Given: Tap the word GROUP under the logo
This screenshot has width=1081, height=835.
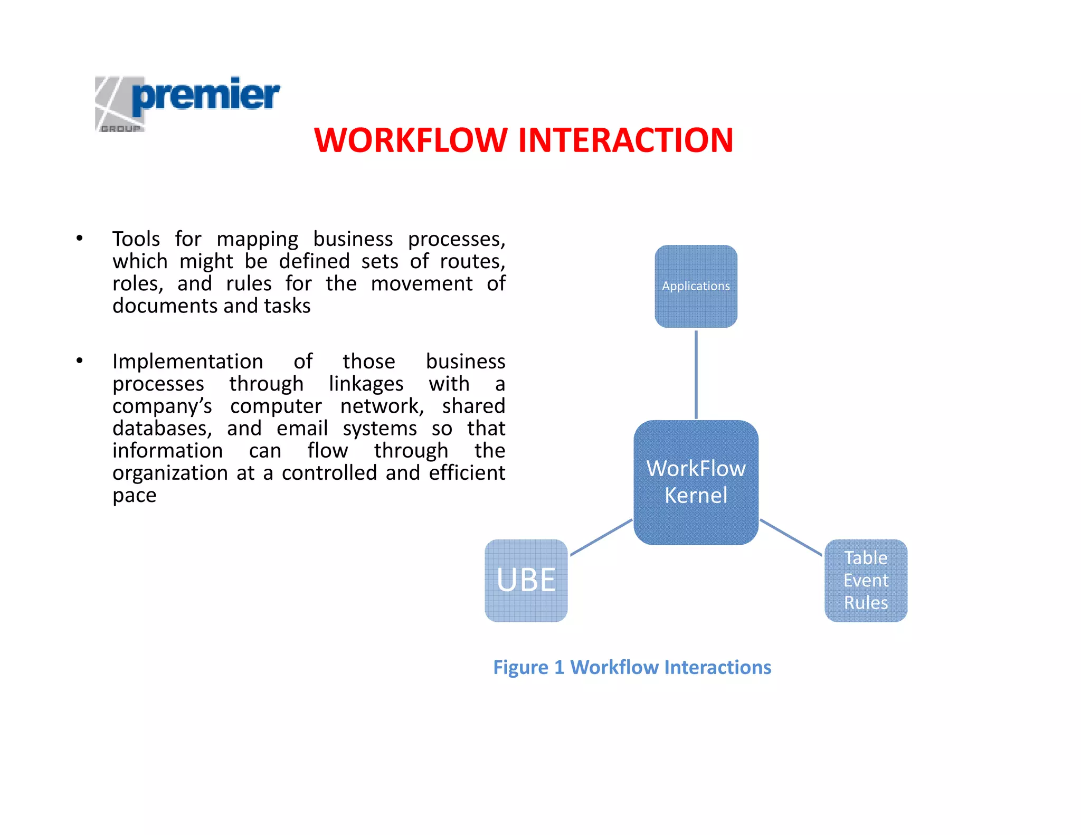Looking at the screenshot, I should tap(120, 128).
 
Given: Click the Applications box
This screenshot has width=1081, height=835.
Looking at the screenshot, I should tap(696, 286).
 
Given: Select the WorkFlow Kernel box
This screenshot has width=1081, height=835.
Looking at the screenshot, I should tap(696, 482).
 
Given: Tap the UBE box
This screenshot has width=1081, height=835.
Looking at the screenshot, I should tap(526, 580).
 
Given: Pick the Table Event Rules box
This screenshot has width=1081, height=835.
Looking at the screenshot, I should tap(866, 580).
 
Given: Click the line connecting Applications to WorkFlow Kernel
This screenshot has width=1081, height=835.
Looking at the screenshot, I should tap(696, 374).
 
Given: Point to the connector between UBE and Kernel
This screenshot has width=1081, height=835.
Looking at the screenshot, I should tap(601, 537).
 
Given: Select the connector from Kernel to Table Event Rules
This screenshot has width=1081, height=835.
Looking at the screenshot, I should tap(790, 537).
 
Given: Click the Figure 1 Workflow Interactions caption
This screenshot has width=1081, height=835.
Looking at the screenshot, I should tap(632, 667).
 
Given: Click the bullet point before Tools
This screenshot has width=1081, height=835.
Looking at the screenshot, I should tap(79, 239).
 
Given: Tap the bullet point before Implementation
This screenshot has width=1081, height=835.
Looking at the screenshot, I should tap(79, 361).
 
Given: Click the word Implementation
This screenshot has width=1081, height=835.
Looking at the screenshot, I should tap(187, 362).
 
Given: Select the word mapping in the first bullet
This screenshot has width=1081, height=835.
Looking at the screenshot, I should tap(257, 240).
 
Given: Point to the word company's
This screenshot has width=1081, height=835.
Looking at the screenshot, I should tap(162, 406).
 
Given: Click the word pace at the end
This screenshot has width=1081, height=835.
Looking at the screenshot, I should tap(134, 496).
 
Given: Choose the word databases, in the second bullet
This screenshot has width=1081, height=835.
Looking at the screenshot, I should tap(162, 429).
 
